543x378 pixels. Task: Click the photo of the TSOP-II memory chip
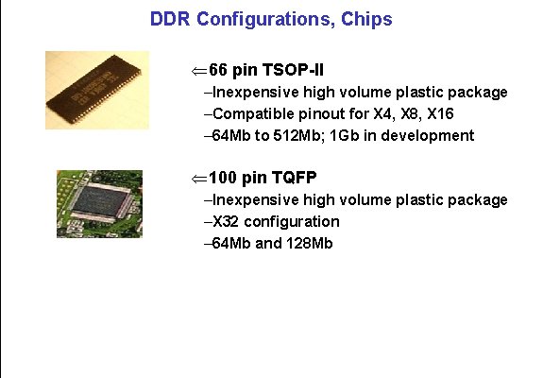click(97, 90)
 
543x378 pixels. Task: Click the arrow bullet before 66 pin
click(197, 71)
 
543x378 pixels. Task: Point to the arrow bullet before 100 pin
click(197, 179)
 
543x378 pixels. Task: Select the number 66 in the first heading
click(218, 71)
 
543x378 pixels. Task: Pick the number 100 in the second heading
click(223, 179)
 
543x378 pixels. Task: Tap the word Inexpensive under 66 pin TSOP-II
click(252, 93)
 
